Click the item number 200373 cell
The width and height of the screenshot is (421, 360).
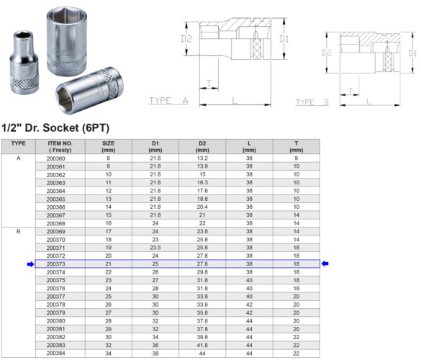pos(55,264)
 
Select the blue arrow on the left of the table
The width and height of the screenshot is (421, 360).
pos(30,264)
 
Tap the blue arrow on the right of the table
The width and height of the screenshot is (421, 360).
pos(325,264)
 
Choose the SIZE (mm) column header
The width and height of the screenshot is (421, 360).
pos(109,146)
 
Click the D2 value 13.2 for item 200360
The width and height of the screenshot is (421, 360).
pos(202,158)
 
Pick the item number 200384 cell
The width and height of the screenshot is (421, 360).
pos(55,354)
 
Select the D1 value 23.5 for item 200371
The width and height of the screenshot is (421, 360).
pos(155,247)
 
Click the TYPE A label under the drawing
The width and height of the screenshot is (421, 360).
pos(168,102)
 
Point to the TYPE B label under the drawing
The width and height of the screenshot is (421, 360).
pos(312,102)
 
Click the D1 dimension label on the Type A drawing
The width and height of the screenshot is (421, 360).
pos(284,38)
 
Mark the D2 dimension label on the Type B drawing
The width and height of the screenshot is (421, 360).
pos(326,53)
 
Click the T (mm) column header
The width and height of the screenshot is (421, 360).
pos(296,146)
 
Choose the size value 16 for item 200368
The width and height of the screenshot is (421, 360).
pos(109,222)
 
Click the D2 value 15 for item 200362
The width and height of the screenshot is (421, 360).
pos(202,174)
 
